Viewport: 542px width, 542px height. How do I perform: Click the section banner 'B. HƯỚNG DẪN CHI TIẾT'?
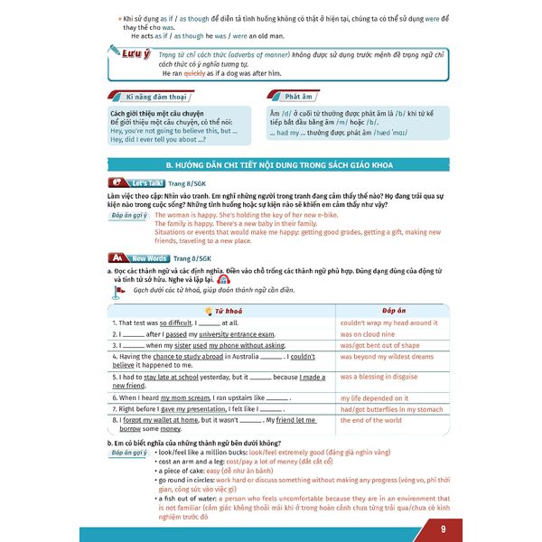[271, 165]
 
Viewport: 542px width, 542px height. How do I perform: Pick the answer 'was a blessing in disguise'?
[379, 377]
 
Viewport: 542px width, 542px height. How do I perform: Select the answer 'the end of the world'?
[371, 420]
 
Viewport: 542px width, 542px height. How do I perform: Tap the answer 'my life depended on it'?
[376, 397]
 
